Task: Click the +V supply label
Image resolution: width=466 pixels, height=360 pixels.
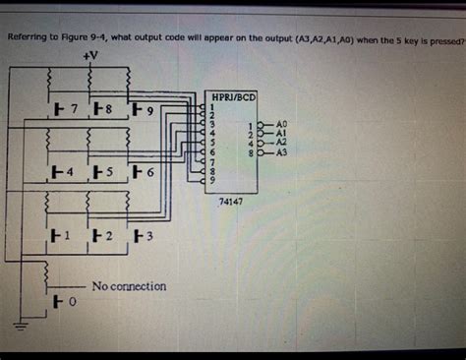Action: click(90, 56)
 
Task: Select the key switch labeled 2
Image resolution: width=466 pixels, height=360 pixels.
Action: click(101, 237)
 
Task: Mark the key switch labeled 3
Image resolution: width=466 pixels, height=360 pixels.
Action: click(142, 237)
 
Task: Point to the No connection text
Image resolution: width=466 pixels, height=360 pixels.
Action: click(129, 286)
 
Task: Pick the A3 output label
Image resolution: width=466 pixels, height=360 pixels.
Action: click(281, 152)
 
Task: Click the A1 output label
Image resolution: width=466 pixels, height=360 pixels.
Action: click(281, 133)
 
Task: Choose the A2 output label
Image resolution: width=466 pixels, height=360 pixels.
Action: click(281, 143)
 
